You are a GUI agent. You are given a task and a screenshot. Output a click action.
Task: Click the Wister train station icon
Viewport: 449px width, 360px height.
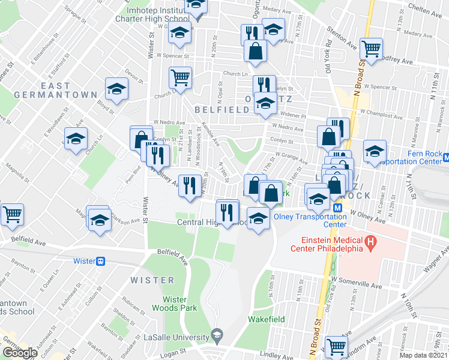(101, 261)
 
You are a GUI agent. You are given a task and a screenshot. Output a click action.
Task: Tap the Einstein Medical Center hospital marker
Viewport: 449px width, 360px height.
(372, 244)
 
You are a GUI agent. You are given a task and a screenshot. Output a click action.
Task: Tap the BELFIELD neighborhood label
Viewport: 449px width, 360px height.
(221, 110)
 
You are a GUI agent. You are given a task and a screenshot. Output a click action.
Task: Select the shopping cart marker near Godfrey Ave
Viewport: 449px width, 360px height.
(372, 48)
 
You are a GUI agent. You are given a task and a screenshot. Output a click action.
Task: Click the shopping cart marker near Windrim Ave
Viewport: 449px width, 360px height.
(336, 346)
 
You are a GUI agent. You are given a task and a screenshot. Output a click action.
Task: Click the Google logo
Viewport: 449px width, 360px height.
(20, 353)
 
